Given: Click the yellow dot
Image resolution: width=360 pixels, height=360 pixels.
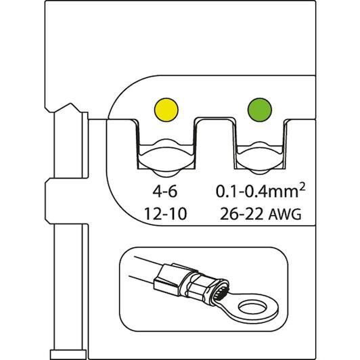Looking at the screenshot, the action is click(166, 110).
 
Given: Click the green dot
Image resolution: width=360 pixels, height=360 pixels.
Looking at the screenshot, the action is click(259, 110).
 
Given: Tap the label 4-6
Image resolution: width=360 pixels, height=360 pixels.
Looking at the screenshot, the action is click(165, 192).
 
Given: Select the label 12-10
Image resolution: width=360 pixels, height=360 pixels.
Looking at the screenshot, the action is click(165, 214).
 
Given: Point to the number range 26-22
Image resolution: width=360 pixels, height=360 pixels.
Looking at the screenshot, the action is click(242, 214).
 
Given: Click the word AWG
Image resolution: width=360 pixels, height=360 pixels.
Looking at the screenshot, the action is click(284, 215).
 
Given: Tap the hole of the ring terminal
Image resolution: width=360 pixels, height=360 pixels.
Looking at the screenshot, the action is click(253, 308).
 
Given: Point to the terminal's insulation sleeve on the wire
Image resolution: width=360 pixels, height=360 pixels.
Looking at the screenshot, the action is click(169, 279).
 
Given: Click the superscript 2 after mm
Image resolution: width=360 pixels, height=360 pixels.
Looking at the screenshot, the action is click(302, 188).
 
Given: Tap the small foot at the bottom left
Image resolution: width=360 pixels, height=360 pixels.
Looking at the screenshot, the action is click(68, 355).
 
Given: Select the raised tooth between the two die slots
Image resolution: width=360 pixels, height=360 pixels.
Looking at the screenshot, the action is click(215, 142).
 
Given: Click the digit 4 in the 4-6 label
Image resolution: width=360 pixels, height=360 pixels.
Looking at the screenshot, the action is click(157, 192).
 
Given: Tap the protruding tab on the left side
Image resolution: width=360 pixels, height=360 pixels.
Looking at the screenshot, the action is click(66, 201).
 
